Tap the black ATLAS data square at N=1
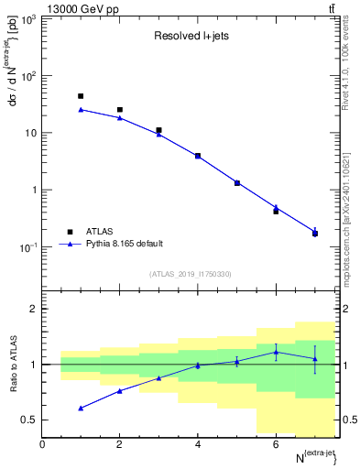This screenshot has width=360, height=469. (x=81, y=96)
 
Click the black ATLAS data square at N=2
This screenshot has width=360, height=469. (x=120, y=110)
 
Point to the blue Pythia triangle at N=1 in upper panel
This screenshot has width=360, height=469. (x=81, y=110)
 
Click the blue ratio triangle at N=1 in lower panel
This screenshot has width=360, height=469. (x=81, y=408)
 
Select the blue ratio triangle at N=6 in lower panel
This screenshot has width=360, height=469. (x=276, y=352)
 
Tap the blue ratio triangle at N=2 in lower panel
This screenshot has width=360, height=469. (x=120, y=391)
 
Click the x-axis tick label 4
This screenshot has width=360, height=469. (x=198, y=444)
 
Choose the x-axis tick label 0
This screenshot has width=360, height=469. (x=42, y=444)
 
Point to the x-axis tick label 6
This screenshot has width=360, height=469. (x=276, y=444)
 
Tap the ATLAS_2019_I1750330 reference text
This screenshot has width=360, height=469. (x=191, y=274)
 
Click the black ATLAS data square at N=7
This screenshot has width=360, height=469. (x=315, y=234)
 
